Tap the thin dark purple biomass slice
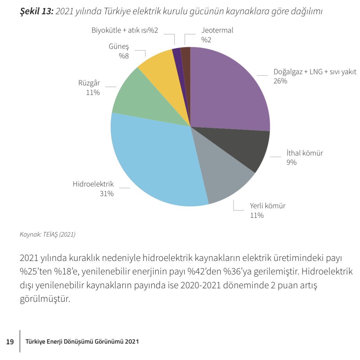click(178, 66)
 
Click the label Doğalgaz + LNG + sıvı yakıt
click(315, 72)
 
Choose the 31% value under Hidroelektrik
click(107, 193)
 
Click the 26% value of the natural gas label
click(280, 81)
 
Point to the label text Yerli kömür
click(267, 206)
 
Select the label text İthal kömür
click(304, 153)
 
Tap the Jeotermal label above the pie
click(217, 30)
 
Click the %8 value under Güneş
click(124, 56)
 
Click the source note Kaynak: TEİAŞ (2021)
click(48, 235)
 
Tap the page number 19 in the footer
click(10, 342)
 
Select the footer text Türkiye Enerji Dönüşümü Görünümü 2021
click(82, 342)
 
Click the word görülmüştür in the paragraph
click(45, 299)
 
